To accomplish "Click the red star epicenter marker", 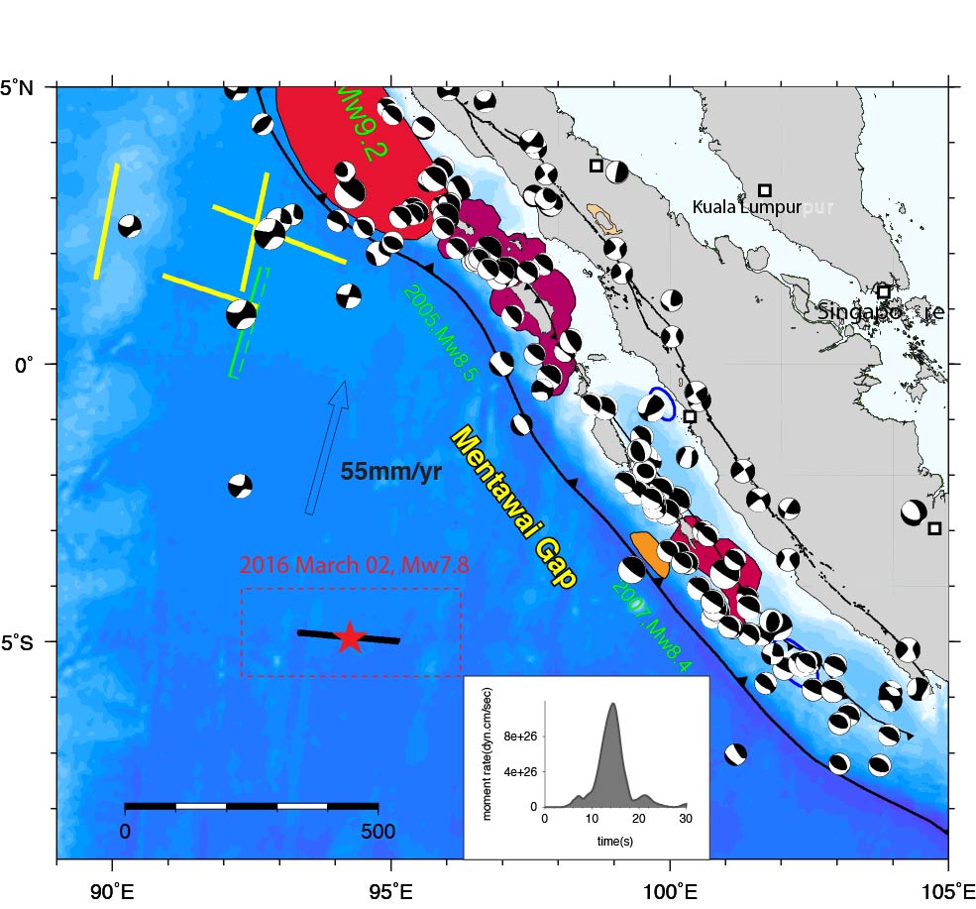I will pyautogui.click(x=349, y=637).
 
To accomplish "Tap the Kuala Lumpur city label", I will pyautogui.click(x=734, y=207).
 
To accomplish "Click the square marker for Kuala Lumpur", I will pyautogui.click(x=765, y=190).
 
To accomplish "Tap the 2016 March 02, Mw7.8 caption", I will pyautogui.click(x=350, y=566).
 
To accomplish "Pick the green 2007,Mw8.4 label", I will pyautogui.click(x=649, y=624).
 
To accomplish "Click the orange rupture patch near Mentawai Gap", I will pyautogui.click(x=648, y=553).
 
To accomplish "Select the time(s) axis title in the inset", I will pyautogui.click(x=614, y=842).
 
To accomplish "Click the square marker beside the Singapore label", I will pyautogui.click(x=883, y=291).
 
